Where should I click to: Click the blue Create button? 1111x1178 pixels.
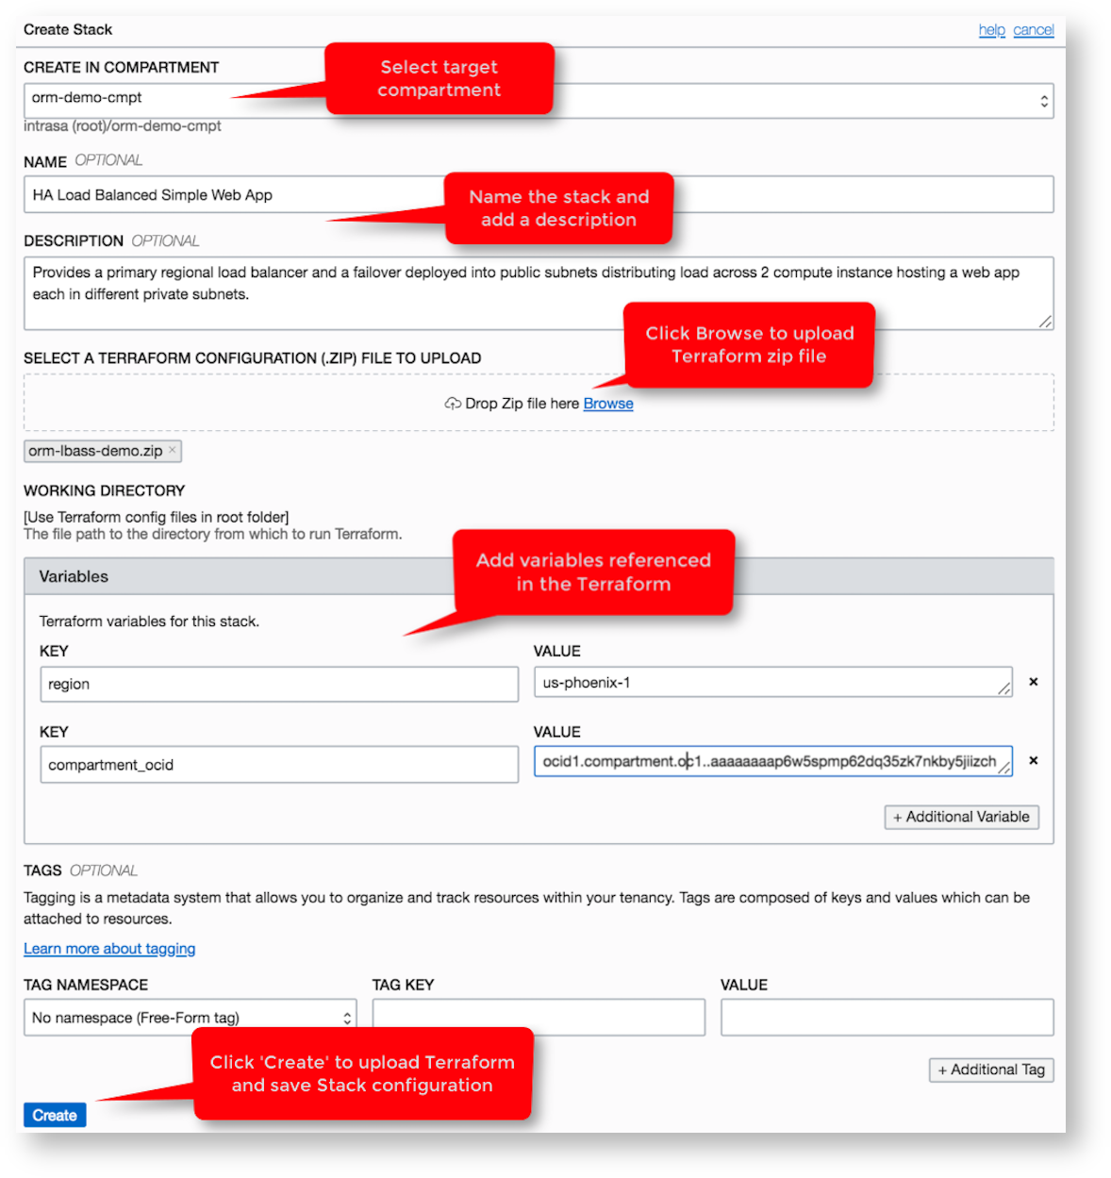click(55, 1115)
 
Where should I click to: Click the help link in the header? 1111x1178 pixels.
click(991, 30)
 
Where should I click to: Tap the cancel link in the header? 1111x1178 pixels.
click(1033, 30)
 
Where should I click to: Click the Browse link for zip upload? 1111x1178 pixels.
click(607, 404)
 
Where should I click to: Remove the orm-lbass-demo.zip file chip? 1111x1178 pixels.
click(172, 451)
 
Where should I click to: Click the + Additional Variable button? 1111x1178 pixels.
click(961, 817)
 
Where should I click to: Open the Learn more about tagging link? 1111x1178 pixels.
click(109, 949)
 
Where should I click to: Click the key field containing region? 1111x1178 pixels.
click(278, 684)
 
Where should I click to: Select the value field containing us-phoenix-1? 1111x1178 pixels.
click(769, 682)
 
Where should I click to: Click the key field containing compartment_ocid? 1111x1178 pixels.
click(278, 765)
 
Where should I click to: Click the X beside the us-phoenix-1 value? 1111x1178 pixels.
click(1034, 682)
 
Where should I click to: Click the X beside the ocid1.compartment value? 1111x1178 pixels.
click(1034, 760)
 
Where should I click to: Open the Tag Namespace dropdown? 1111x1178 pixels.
click(190, 1018)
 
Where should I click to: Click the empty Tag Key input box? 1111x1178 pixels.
click(539, 1018)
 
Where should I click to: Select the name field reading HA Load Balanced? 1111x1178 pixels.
click(236, 195)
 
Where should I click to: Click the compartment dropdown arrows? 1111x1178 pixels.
click(1044, 101)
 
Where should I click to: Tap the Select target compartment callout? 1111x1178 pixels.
click(439, 79)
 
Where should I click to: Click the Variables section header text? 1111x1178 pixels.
click(74, 576)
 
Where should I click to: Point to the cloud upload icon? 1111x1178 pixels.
click(453, 404)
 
